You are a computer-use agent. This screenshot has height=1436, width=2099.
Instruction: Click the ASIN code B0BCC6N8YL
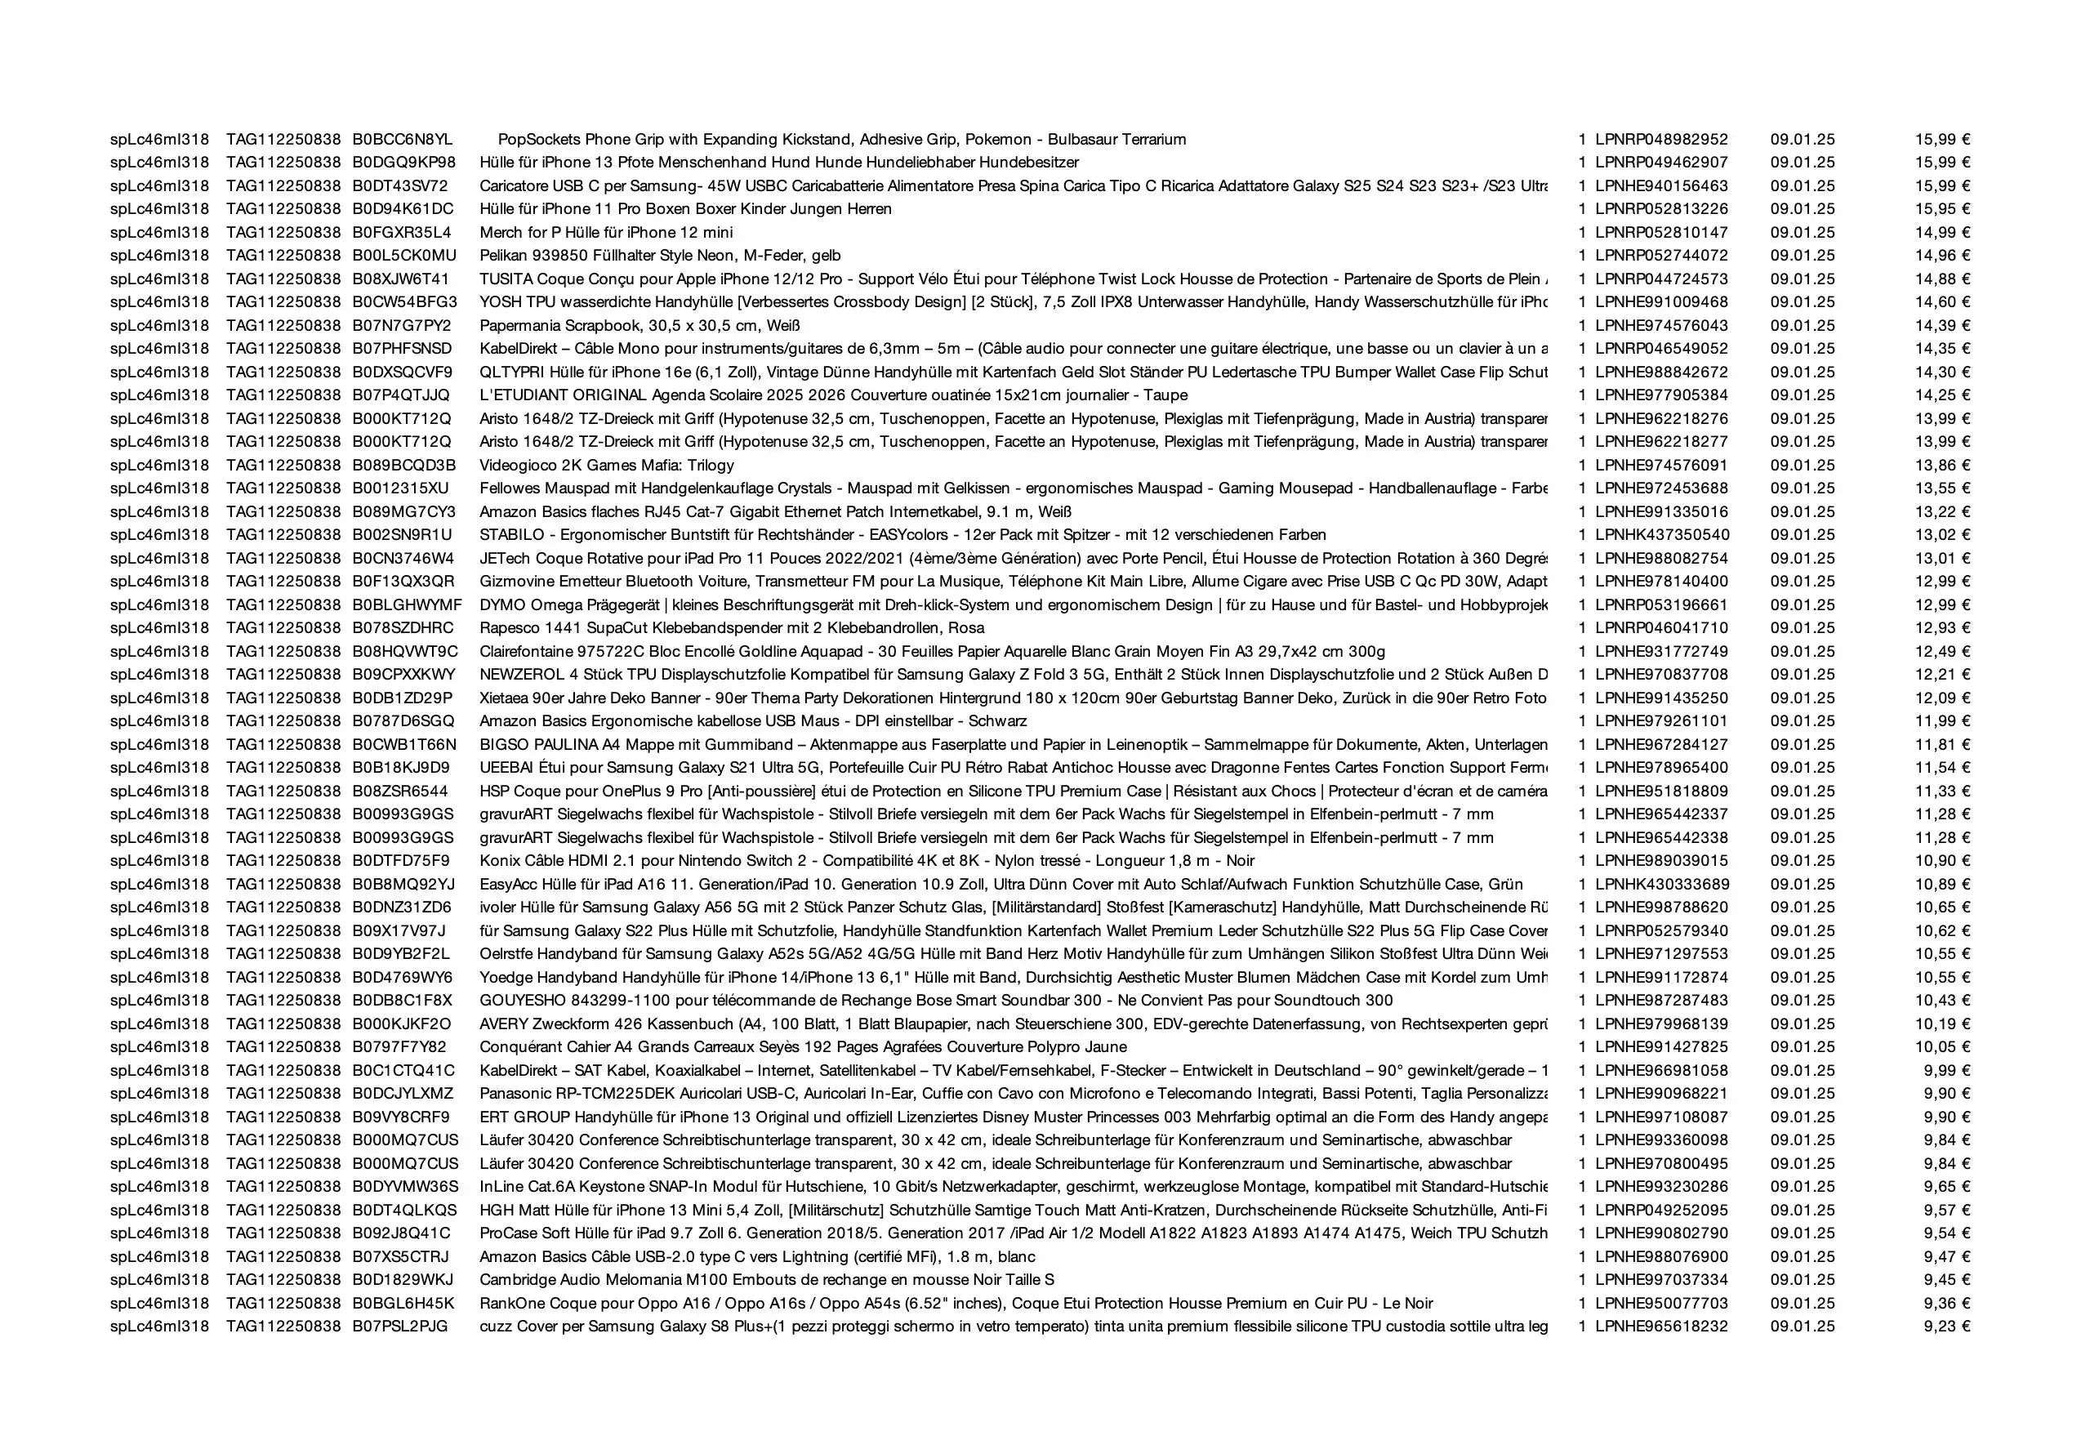pyautogui.click(x=402, y=139)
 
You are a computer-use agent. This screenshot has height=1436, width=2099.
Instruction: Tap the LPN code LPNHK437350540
pyautogui.click(x=1662, y=535)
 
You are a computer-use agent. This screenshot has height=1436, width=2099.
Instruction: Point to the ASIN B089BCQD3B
pyautogui.click(x=403, y=465)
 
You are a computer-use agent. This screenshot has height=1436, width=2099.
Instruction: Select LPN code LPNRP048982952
pyautogui.click(x=1661, y=139)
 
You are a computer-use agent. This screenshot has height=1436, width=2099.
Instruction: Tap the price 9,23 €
pyautogui.click(x=1946, y=1327)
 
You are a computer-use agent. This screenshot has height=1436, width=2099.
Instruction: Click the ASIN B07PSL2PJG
pyautogui.click(x=400, y=1327)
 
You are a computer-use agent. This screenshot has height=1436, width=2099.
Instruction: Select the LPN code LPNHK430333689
pyautogui.click(x=1662, y=884)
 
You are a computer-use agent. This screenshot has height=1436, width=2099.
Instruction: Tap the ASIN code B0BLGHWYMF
pyautogui.click(x=408, y=605)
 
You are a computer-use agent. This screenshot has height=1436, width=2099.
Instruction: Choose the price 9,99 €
pyautogui.click(x=1946, y=1070)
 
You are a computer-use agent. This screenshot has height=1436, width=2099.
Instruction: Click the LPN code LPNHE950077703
pyautogui.click(x=1661, y=1303)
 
